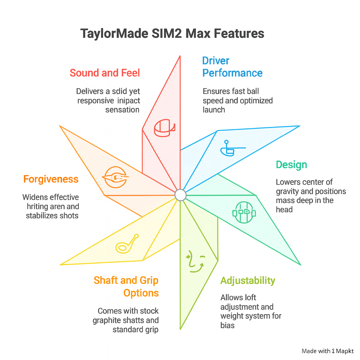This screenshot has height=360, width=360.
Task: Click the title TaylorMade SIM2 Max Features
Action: click(172, 34)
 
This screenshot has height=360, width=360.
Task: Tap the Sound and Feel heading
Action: click(105, 73)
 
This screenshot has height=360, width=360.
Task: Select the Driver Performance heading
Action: click(232, 67)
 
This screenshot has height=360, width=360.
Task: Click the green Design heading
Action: click(291, 165)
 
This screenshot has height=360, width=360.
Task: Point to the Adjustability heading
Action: click(247, 281)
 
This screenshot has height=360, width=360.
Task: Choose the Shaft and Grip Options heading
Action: click(126, 287)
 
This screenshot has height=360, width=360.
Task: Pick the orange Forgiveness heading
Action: click(51, 179)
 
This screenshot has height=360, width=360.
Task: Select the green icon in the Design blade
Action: click(244, 212)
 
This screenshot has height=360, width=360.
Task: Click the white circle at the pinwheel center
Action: click(180, 194)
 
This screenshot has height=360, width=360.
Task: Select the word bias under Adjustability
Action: click(227, 325)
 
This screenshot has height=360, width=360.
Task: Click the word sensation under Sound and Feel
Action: click(123, 110)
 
